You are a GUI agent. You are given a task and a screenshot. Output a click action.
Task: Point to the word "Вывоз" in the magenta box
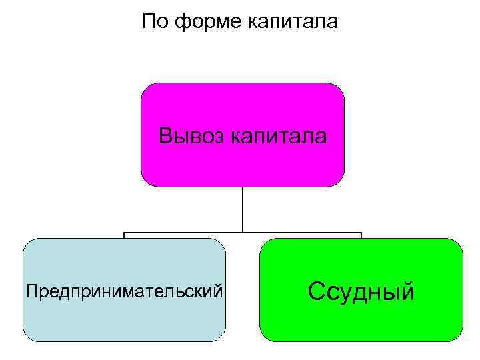click(191, 137)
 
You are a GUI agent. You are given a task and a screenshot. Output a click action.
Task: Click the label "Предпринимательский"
click(124, 291)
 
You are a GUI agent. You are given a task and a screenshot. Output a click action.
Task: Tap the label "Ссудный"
click(361, 291)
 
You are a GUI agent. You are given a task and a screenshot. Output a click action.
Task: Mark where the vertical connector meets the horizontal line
click(243, 233)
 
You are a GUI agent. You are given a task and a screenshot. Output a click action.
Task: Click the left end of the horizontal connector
click(125, 234)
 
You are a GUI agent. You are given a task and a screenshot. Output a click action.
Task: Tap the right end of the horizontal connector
click(361, 234)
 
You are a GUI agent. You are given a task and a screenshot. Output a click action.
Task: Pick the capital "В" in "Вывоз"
click(165, 137)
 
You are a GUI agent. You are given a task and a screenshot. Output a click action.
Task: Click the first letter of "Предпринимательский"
click(29, 291)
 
